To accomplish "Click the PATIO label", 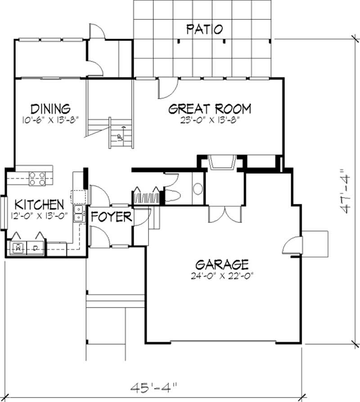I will click(x=205, y=29).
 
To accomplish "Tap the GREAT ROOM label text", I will click(x=209, y=109).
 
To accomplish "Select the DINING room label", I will click(x=50, y=109).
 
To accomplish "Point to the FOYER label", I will click(x=111, y=217).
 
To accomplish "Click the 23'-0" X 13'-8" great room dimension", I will click(x=209, y=120).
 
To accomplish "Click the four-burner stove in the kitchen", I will click(x=36, y=179).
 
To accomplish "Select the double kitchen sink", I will click(x=78, y=213).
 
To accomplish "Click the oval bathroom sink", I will click(x=198, y=189).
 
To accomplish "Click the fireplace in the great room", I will click(x=221, y=163).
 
